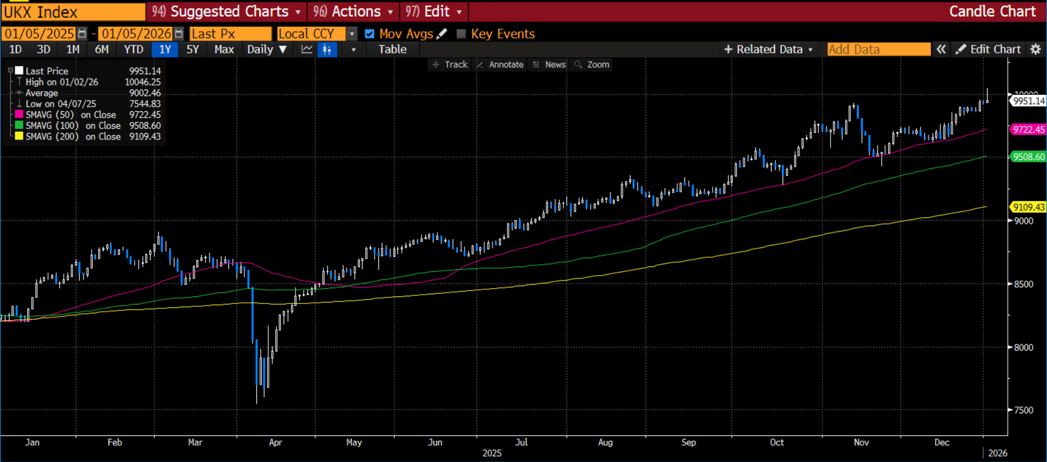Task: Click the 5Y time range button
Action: [x=192, y=50]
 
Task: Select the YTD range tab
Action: [x=134, y=50]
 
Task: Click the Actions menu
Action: [x=353, y=11]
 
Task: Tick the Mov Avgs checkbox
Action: [x=370, y=34]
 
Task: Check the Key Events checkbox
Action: [x=461, y=34]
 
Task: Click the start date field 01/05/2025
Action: [x=39, y=34]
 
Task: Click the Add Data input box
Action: [x=878, y=50]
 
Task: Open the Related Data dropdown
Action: [x=768, y=50]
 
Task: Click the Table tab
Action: [x=392, y=50]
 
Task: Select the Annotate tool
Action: [x=500, y=65]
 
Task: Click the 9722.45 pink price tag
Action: [x=1028, y=130]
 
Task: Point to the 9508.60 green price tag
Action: [x=1028, y=157]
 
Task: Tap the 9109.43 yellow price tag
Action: [x=1028, y=207]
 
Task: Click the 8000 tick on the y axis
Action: [x=1024, y=348]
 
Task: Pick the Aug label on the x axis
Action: [x=605, y=442]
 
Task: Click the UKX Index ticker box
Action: [x=73, y=12]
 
